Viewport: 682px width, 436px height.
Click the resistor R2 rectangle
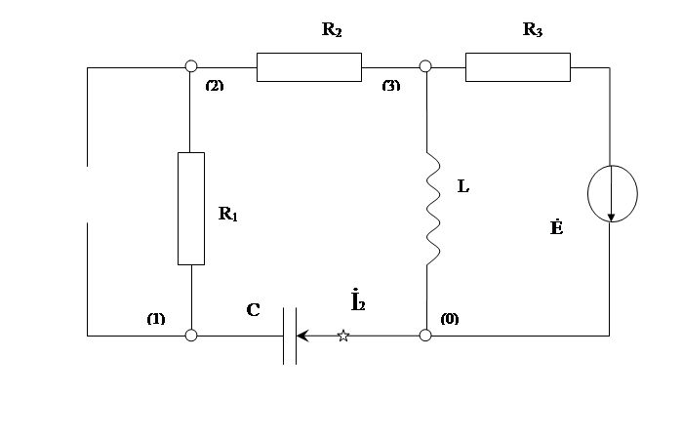(x=309, y=67)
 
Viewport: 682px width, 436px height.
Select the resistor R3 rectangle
(x=517, y=67)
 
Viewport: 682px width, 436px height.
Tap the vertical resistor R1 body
(x=191, y=209)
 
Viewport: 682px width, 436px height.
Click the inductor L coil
(x=433, y=209)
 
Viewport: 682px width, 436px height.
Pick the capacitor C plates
(x=290, y=336)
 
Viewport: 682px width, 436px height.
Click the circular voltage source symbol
(x=613, y=194)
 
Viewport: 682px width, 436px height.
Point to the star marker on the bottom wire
(x=343, y=336)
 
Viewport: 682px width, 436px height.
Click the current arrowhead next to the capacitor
(x=303, y=336)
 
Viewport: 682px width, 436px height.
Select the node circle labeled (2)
(x=191, y=66)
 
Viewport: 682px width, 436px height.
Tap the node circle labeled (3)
(x=425, y=66)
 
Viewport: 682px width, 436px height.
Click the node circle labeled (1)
(x=191, y=336)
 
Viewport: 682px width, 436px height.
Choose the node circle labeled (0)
(x=425, y=336)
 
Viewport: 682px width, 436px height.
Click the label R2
(x=332, y=29)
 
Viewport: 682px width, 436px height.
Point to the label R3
(x=533, y=29)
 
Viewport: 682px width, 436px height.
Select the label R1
(x=228, y=214)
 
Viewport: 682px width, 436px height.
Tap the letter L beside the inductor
(x=463, y=186)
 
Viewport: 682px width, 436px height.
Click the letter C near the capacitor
(x=253, y=310)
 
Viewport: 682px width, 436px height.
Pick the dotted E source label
(x=557, y=227)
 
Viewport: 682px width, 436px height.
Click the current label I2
(x=358, y=300)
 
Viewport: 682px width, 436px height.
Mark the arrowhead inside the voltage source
(x=611, y=218)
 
